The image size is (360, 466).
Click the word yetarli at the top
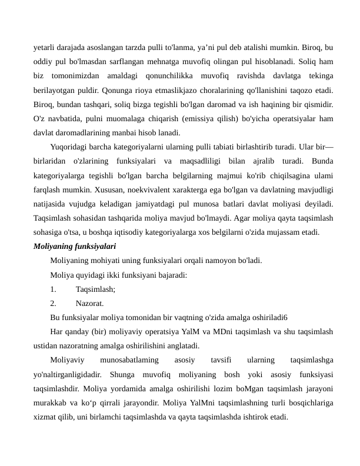[45, 46]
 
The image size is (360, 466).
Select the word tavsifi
[221, 360]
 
